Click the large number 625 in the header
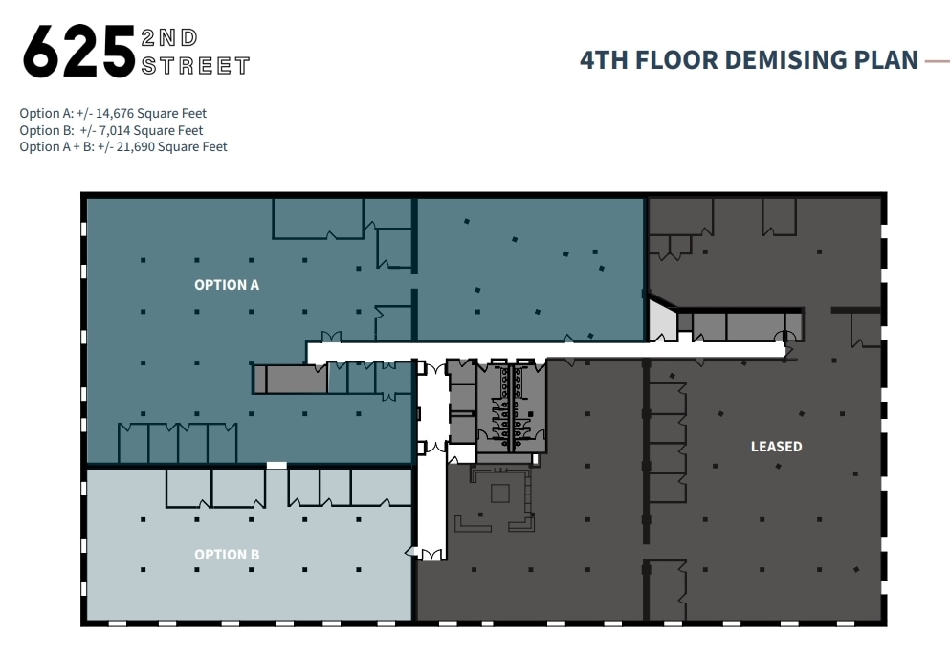tap(78, 53)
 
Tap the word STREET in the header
tap(195, 66)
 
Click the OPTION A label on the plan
tap(227, 285)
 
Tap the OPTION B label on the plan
tap(227, 555)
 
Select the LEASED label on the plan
tap(776, 447)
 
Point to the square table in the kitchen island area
tap(500, 493)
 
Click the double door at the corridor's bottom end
tap(426, 554)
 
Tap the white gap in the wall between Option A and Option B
tap(276, 466)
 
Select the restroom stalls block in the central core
tap(511, 406)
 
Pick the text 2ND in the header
tap(168, 38)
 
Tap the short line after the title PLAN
tap(937, 61)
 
